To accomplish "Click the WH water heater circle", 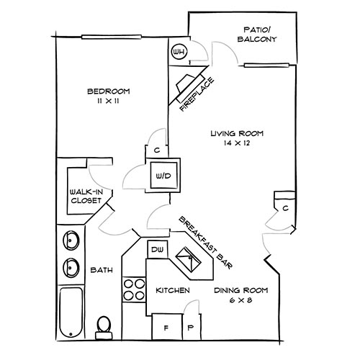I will point(179,52).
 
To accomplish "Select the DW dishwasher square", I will point(157,250).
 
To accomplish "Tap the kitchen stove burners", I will point(134,289).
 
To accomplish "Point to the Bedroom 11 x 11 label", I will point(108,96).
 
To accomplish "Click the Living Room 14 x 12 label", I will point(237,138).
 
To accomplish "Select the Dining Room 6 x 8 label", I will point(240,294).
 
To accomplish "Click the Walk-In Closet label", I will point(86,197).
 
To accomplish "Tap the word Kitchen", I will point(173,290).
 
